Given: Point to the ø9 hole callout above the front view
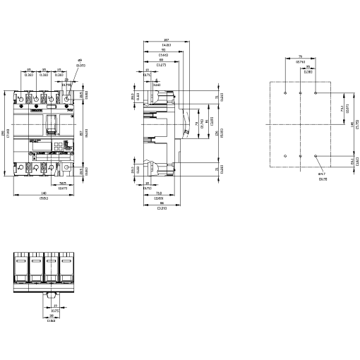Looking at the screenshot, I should tap(80, 62).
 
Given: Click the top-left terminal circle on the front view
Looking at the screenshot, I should tap(20, 96).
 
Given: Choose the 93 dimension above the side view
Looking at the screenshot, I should tap(162, 51).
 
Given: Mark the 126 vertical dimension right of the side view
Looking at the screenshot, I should tap(216, 135).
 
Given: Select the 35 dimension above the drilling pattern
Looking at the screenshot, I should tap(308, 68).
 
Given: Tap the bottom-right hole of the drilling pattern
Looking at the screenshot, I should tap(316, 155).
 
